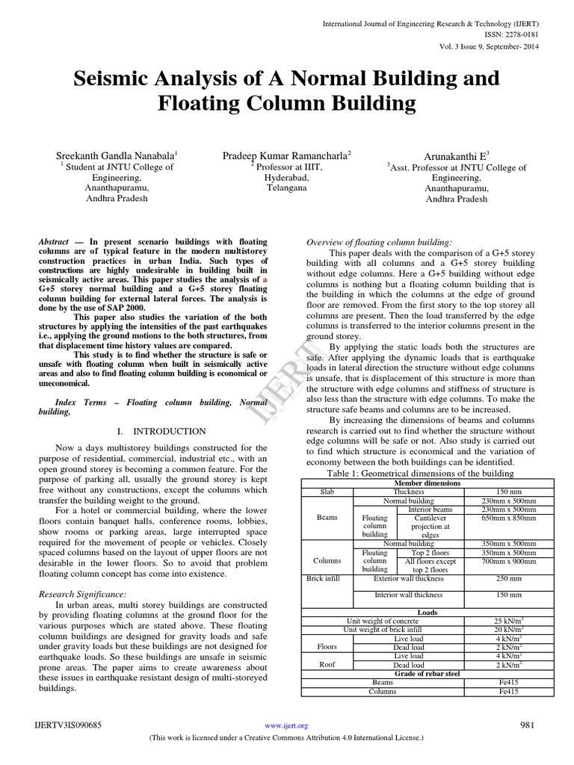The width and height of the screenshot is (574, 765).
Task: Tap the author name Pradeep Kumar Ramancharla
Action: [x=287, y=155]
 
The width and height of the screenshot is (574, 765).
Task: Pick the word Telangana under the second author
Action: [x=287, y=188]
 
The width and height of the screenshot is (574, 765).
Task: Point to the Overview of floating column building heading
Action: [x=380, y=243]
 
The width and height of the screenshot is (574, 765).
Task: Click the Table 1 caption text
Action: [x=430, y=474]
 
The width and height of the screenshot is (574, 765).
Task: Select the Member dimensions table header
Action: [x=430, y=483]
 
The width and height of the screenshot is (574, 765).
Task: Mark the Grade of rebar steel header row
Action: [x=430, y=673]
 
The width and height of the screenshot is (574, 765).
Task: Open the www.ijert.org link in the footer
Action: [x=287, y=725]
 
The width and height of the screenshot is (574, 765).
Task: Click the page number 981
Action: [x=528, y=725]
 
